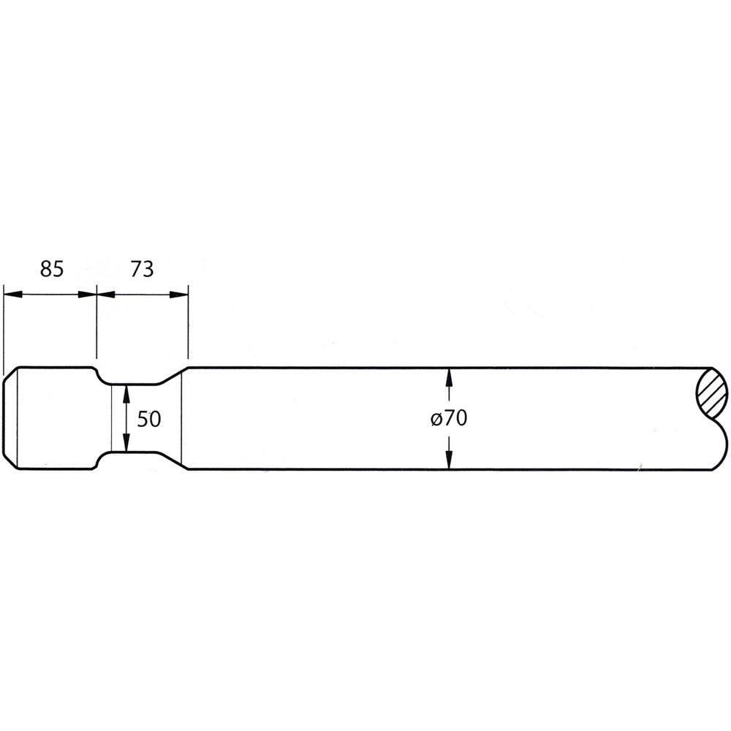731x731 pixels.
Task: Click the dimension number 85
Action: coord(52,269)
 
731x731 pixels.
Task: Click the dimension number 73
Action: coord(142,269)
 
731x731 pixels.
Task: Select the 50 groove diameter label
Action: coord(149,419)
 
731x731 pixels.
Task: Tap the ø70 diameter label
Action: coord(449,418)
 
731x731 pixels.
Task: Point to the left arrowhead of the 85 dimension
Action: coord(13,294)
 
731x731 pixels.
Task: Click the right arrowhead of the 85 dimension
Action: coord(87,294)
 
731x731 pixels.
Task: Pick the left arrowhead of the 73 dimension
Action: coord(105,294)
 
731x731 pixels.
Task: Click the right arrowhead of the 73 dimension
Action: coord(178,294)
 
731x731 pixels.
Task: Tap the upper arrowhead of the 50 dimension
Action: coord(126,393)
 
